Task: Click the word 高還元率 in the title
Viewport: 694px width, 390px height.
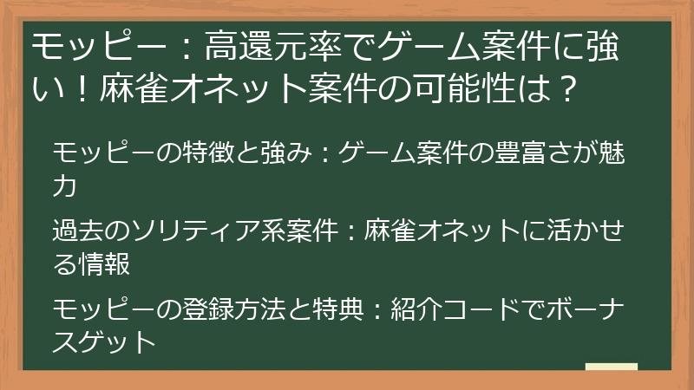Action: click(x=273, y=47)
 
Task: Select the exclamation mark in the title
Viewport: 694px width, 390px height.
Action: click(x=82, y=88)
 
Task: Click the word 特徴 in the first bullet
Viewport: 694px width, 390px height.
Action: click(x=208, y=153)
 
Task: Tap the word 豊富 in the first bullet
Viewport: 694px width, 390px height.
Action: click(x=519, y=153)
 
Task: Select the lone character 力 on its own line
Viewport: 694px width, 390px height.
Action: click(x=64, y=185)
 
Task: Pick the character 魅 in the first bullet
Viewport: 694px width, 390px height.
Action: click(x=612, y=153)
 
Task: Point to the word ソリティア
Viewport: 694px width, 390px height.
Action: click(x=196, y=231)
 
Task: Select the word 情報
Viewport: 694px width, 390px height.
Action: click(x=104, y=263)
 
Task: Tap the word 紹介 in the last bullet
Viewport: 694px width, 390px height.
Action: click(x=416, y=309)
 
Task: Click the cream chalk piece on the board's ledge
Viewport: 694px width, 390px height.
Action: click(x=612, y=367)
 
